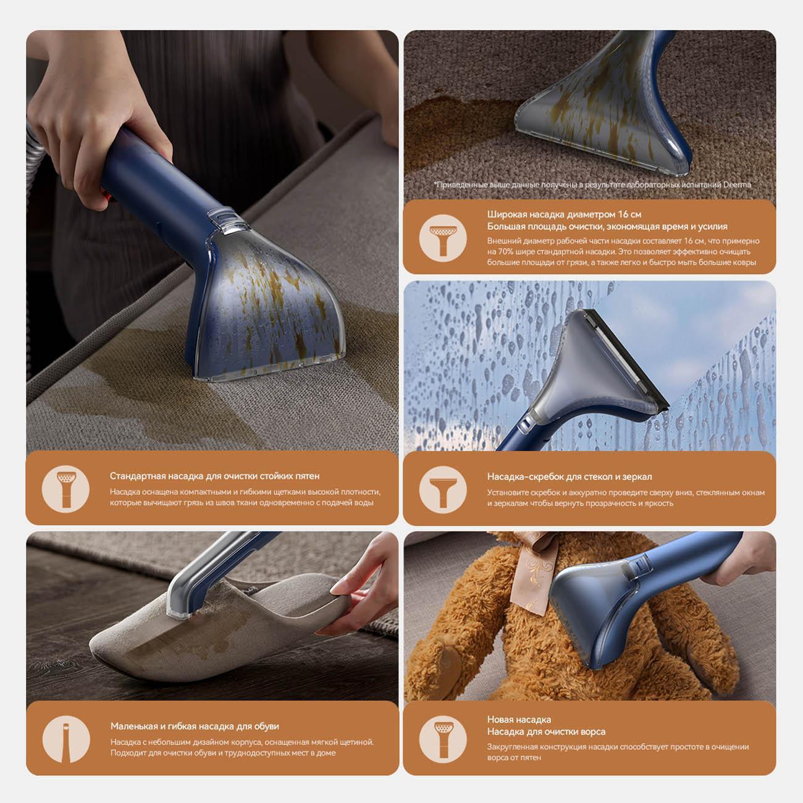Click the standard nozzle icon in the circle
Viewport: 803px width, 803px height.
65,489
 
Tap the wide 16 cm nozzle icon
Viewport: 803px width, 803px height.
442,238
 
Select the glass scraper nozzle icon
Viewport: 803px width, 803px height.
442,489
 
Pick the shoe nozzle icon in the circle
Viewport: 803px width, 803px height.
66,739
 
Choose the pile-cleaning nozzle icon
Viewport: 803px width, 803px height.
442,739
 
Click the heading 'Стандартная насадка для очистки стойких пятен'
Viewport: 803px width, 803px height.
214,476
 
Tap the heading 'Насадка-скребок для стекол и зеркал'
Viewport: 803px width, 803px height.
570,476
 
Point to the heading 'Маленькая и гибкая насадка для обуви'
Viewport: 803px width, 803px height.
195,726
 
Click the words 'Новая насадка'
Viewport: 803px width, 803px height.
519,719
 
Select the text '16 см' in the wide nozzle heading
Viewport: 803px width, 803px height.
629,214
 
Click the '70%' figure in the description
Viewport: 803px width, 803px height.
505,251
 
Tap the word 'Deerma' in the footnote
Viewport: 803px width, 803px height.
737,185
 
